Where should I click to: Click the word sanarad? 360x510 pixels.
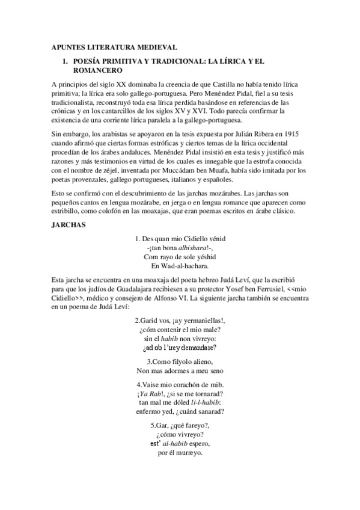(208, 411)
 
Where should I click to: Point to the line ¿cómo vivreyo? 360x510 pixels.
(180, 434)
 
